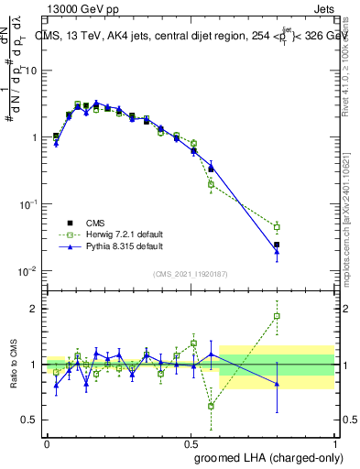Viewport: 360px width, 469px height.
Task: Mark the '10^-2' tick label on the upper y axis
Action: (27, 271)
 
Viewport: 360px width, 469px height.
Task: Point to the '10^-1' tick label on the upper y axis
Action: (27, 204)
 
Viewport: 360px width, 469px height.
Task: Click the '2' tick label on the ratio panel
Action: (33, 309)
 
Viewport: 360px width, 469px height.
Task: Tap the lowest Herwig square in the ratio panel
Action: (212, 406)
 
